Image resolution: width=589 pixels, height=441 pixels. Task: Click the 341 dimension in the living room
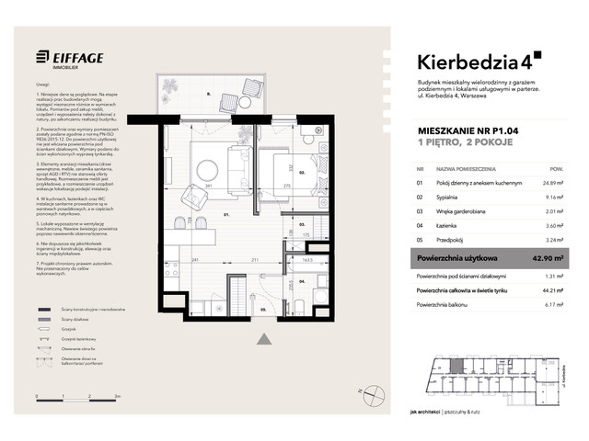coord(211,187)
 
